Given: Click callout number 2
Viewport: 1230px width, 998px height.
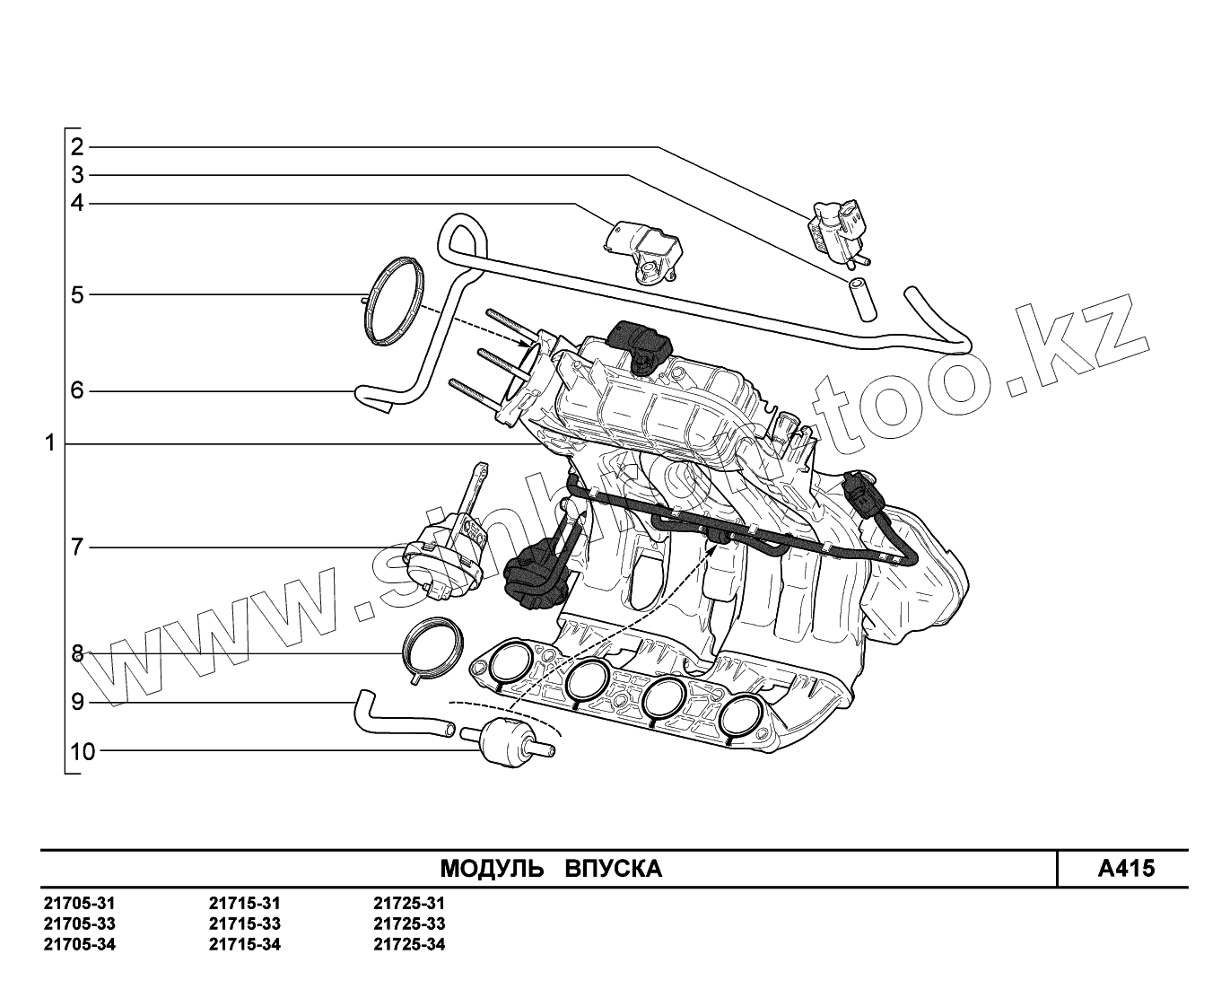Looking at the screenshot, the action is (77, 147).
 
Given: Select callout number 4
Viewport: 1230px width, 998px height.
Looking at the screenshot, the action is (77, 203).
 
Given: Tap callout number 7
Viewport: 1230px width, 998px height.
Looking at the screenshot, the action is (77, 547).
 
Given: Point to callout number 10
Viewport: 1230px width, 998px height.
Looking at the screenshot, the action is (82, 751).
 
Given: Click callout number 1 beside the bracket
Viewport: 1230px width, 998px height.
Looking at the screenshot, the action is (50, 443).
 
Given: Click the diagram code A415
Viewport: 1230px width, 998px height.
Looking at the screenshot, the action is (1126, 869).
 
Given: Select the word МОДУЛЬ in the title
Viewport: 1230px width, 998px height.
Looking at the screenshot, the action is (491, 869).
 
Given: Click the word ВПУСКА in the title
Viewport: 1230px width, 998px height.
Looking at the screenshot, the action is (614, 869).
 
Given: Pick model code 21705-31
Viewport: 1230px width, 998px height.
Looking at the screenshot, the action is (79, 904).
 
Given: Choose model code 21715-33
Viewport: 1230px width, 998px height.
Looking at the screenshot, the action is (244, 924).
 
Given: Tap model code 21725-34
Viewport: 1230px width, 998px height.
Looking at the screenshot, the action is (409, 944).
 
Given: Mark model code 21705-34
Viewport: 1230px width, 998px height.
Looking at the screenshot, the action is (79, 944).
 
